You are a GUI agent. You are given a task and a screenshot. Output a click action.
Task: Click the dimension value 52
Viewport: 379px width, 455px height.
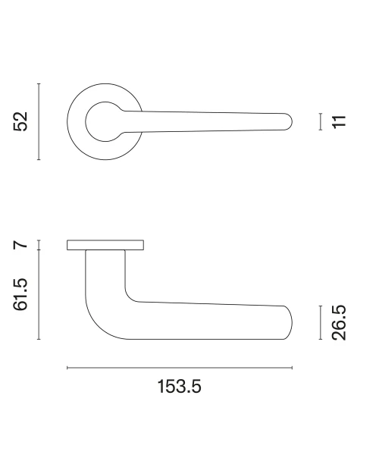[x=20, y=121]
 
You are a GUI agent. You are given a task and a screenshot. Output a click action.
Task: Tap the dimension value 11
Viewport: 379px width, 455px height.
[x=339, y=121]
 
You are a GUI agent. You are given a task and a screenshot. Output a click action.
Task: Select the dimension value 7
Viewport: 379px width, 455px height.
[x=20, y=245]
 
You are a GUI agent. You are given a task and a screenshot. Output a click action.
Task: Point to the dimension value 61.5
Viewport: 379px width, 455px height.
[x=20, y=294]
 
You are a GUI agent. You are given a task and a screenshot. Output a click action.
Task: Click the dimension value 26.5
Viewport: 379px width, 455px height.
[x=339, y=323]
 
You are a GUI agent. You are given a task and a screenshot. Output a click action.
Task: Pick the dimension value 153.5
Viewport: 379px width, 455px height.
[x=179, y=387]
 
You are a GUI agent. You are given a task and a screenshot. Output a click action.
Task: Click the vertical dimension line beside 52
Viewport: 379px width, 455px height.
[x=39, y=121]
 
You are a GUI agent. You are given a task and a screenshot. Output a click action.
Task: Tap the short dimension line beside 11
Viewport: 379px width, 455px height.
[x=321, y=121]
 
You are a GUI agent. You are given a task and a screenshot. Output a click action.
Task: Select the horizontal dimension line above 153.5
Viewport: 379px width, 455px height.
[x=180, y=368]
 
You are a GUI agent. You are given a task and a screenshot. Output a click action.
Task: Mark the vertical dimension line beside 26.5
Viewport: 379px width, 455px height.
[x=321, y=322]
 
